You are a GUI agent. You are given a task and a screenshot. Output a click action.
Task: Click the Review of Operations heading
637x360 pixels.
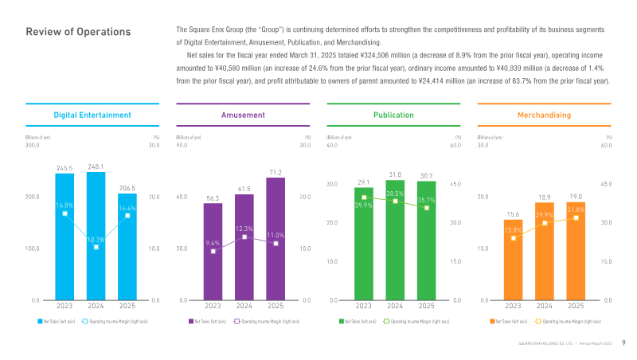(78, 32)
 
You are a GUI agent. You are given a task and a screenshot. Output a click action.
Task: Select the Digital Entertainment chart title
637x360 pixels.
(92, 115)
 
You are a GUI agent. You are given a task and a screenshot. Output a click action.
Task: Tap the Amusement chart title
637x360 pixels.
(243, 115)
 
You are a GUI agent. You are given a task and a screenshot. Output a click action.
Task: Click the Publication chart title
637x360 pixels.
(393, 115)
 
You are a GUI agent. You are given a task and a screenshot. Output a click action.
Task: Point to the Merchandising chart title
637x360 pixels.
(544, 115)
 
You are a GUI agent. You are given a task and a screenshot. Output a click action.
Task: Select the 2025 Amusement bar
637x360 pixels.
(275, 247)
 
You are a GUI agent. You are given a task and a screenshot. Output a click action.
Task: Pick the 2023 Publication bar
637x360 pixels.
(364, 255)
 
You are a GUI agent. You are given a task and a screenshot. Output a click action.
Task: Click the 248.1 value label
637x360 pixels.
(96, 166)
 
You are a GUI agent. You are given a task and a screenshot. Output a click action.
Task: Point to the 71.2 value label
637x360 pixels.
(275, 172)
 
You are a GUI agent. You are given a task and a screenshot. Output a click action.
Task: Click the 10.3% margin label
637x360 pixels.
(96, 239)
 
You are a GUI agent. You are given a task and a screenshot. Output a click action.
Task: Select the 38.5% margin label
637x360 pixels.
(395, 194)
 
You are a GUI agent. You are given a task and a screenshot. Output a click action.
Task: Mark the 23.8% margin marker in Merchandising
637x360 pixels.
(514, 237)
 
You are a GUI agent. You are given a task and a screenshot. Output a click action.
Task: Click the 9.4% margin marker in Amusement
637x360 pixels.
(213, 251)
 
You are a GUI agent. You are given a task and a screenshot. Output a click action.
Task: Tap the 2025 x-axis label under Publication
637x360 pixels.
(426, 306)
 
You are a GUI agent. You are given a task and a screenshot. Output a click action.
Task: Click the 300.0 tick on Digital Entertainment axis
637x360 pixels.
(33, 145)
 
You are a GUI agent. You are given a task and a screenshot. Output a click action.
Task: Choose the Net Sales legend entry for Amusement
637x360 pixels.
(205, 321)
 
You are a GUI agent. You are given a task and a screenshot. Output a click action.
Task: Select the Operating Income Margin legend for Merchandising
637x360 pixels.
(570, 321)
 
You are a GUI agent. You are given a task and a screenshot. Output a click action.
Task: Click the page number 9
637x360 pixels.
(623, 343)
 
